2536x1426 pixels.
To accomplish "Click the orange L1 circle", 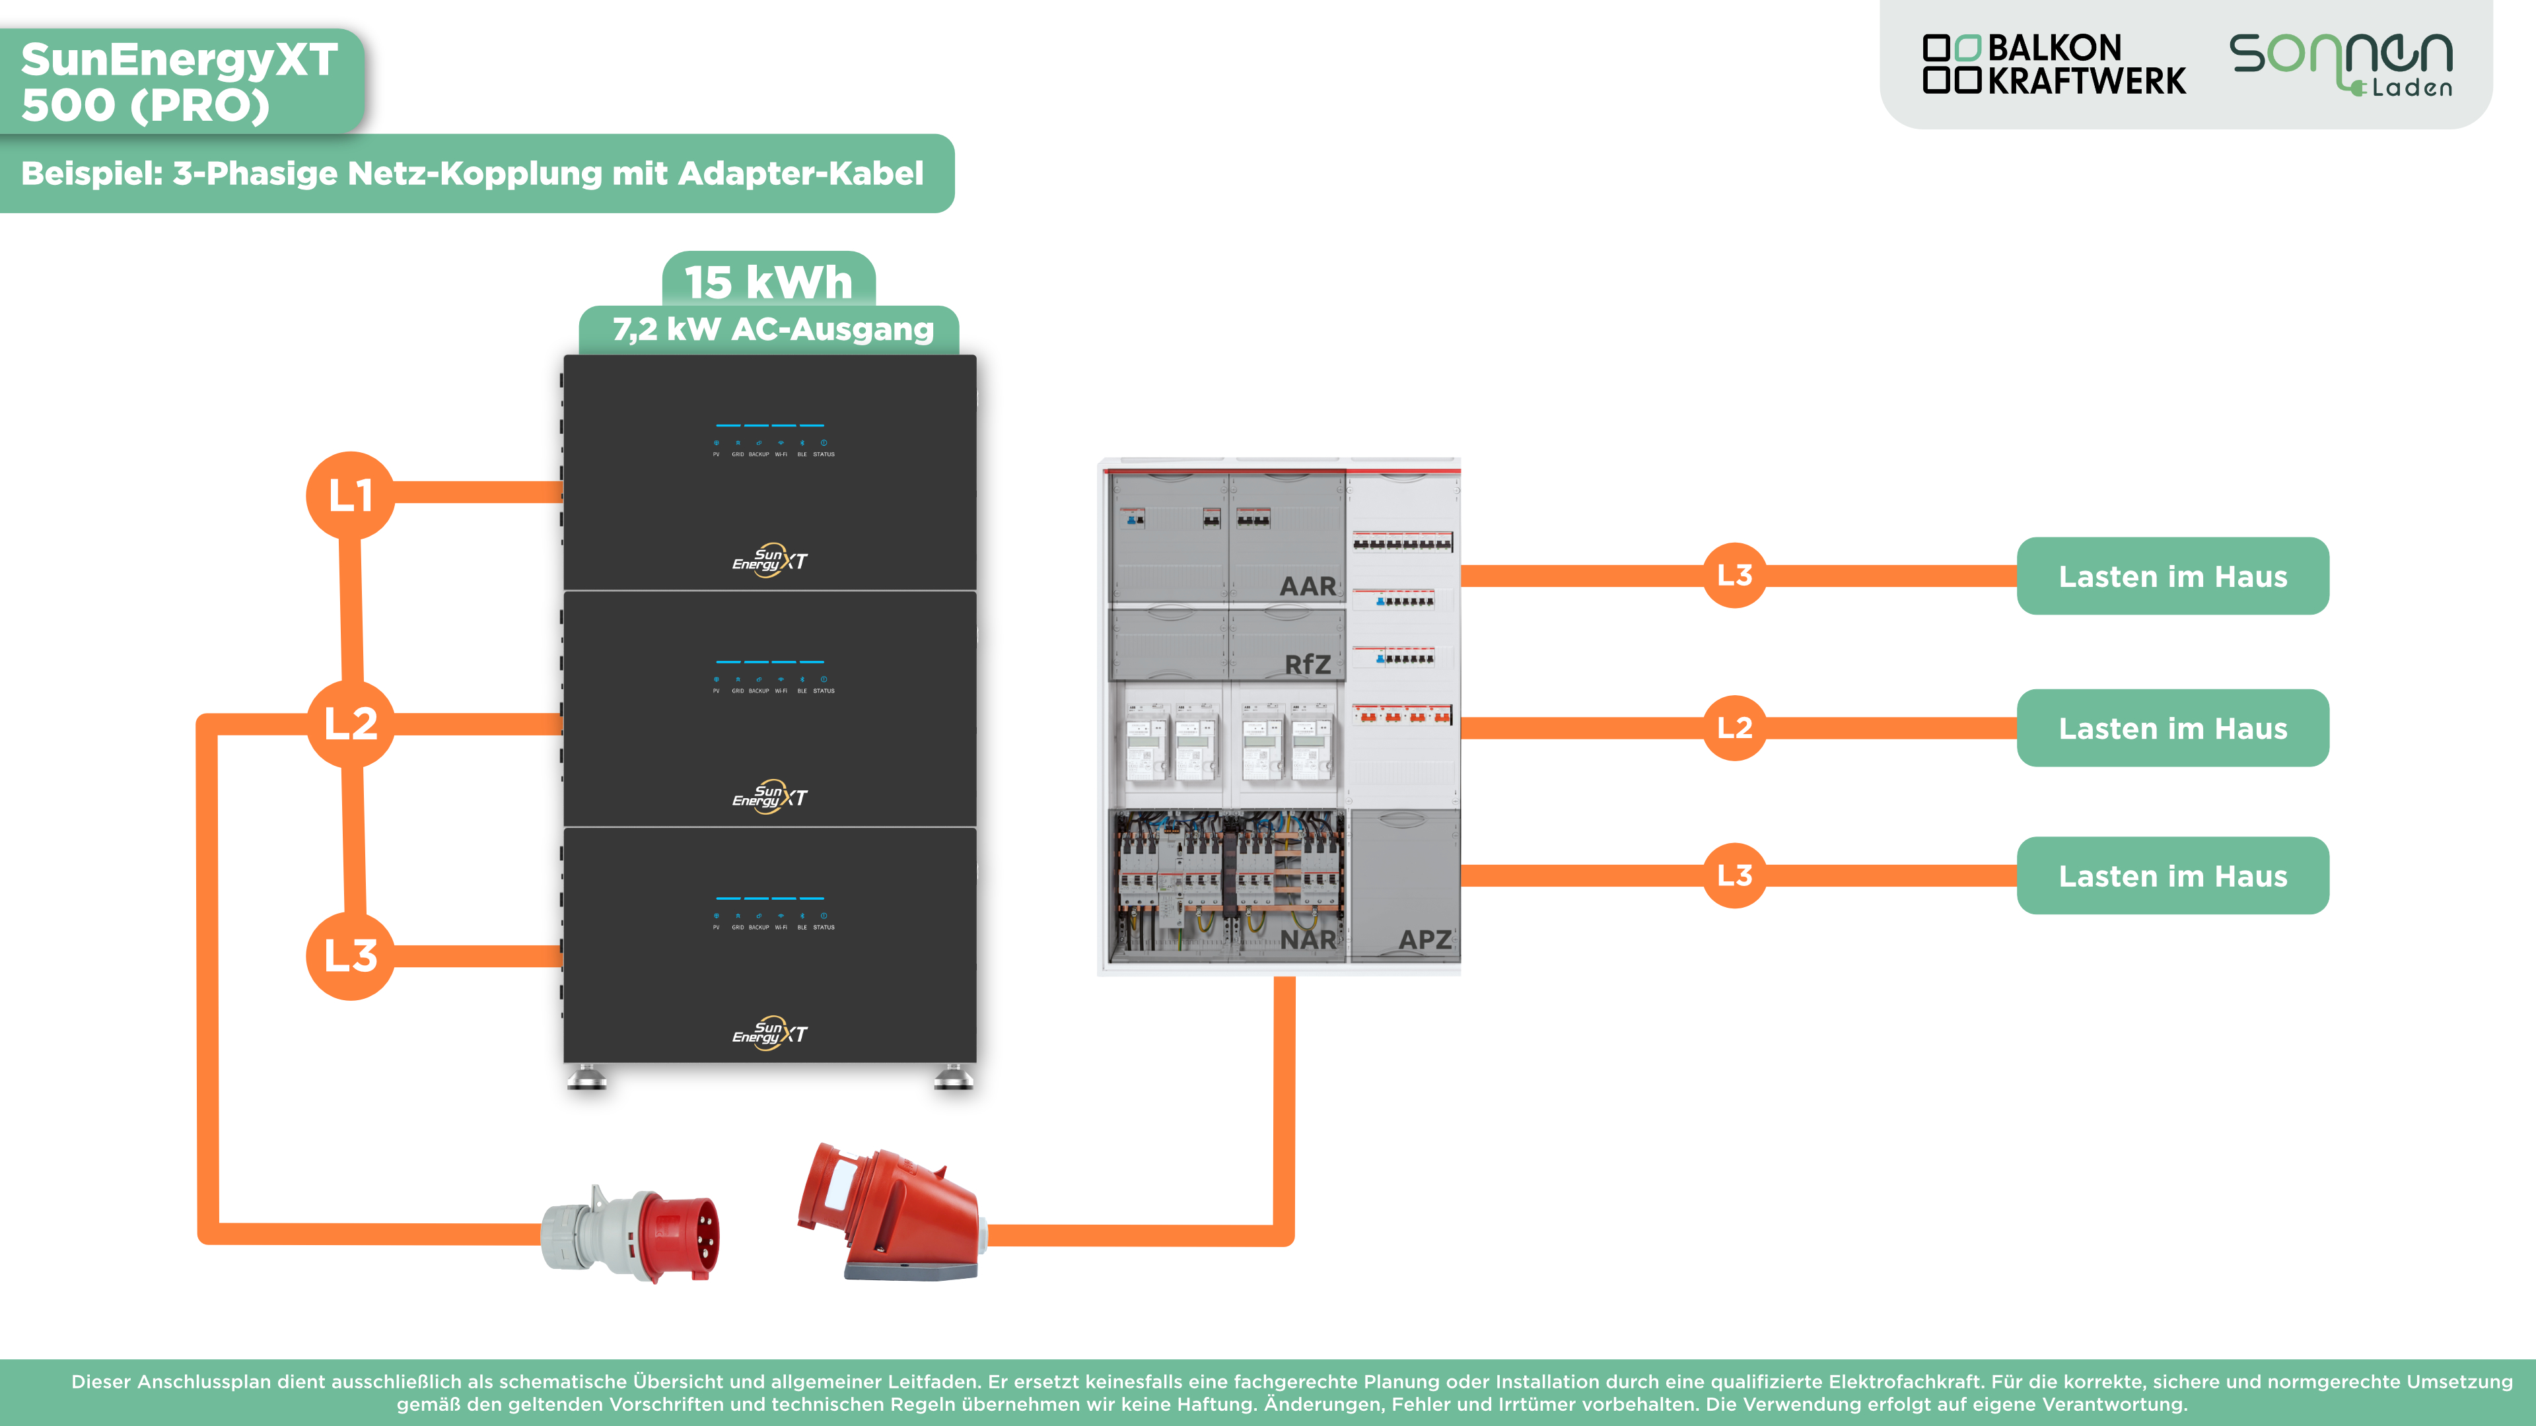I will tap(351, 495).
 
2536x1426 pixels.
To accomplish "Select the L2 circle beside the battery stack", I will tap(351, 724).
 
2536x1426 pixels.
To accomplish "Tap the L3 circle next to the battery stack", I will tap(351, 955).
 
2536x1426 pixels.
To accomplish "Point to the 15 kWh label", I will tap(768, 283).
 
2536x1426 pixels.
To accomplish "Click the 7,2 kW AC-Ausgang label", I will tap(772, 329).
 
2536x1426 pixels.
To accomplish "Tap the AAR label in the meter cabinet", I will tap(1308, 586).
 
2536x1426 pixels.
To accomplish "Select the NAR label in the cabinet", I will tap(1308, 940).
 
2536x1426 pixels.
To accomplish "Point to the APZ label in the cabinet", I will tap(1425, 940).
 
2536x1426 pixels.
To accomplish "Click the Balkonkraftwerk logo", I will tap(2054, 65).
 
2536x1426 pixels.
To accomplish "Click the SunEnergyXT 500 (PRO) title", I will tap(179, 83).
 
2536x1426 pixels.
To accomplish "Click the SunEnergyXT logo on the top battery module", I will tap(770, 560).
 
